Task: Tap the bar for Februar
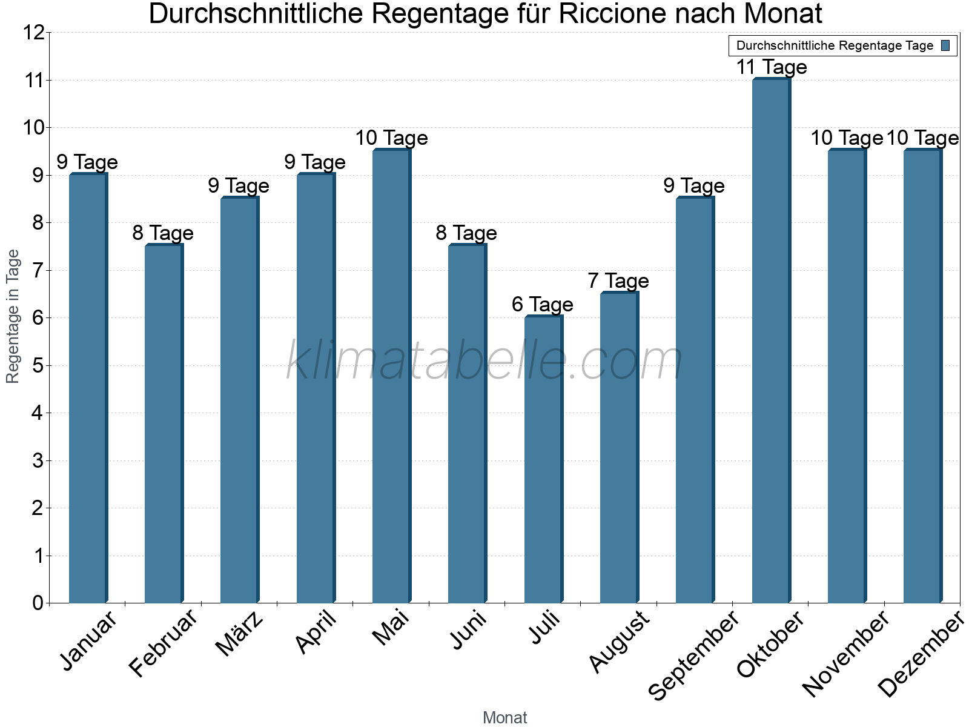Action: pos(164,424)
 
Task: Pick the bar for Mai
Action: pos(391,376)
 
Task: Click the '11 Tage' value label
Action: pos(771,67)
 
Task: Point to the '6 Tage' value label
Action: pos(542,304)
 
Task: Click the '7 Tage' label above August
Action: pos(618,281)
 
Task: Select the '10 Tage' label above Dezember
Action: pos(922,138)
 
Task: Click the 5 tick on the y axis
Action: pos(38,365)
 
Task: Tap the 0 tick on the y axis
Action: pos(38,603)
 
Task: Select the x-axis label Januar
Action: pos(88,641)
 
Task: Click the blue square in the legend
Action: pos(945,45)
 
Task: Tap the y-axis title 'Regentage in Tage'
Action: pos(13,316)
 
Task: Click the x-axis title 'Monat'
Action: pos(504,717)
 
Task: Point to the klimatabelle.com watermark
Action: pos(484,361)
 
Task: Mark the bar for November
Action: pos(846,376)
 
